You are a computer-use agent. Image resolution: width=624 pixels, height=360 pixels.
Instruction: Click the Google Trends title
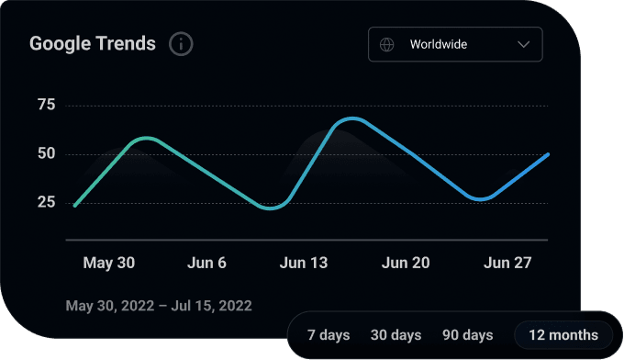coord(93,43)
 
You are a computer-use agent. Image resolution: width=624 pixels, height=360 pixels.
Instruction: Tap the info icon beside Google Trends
coord(181,43)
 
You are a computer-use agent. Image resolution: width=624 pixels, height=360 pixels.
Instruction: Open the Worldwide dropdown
coord(454,44)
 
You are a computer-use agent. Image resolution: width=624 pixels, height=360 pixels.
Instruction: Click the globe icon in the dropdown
coord(387,44)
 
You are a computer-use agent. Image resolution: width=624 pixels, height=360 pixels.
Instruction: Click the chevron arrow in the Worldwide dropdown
coord(524,44)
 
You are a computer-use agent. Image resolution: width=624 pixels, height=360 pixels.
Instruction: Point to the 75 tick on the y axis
coord(47,106)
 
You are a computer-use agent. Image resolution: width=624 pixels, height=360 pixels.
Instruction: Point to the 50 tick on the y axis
coord(47,154)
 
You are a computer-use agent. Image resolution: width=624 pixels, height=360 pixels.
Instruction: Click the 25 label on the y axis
coord(47,203)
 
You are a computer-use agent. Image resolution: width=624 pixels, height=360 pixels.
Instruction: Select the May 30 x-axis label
coord(108,264)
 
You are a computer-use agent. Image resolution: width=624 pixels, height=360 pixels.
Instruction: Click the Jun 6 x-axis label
coord(207,264)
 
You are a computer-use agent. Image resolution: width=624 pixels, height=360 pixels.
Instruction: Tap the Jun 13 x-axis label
coord(303,264)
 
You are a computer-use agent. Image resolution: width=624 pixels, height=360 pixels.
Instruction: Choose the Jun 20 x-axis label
coord(405,264)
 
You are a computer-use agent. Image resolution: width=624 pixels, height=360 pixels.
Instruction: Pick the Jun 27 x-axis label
coord(507,264)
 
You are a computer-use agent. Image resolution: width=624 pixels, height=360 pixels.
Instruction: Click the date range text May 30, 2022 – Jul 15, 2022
coord(159,305)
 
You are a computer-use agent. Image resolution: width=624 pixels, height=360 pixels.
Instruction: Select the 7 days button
coord(328,335)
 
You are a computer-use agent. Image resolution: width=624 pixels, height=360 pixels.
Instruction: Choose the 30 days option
coord(396,335)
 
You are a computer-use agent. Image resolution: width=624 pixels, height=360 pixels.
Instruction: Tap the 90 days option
coord(467,335)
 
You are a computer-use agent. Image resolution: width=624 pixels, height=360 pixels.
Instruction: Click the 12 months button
coord(563,335)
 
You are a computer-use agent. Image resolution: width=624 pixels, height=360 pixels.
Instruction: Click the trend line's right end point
coord(548,154)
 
